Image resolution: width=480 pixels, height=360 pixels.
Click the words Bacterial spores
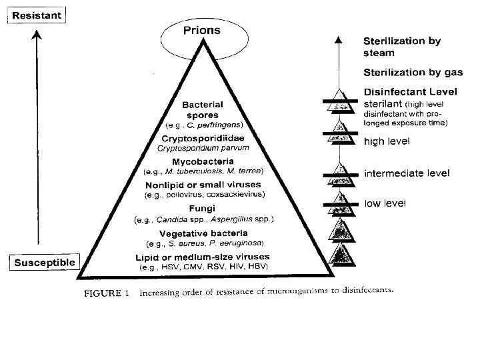[x=207, y=109]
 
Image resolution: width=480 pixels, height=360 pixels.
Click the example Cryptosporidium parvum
[x=208, y=147]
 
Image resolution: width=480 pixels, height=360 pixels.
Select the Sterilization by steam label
[x=401, y=46]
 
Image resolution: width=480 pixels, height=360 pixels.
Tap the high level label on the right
[x=387, y=141]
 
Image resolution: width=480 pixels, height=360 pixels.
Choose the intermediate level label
[x=406, y=173]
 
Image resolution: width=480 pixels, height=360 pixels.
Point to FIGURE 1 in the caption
[x=105, y=291]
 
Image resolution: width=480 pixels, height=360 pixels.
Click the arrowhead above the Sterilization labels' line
[x=340, y=41]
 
